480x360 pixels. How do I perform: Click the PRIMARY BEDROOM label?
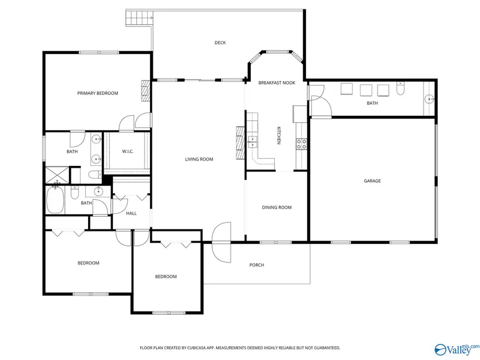(x=98, y=93)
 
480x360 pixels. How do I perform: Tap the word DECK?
(x=220, y=43)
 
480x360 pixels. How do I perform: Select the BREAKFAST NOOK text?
(x=277, y=83)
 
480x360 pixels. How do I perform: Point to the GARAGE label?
(x=372, y=181)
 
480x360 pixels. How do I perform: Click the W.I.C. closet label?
(x=127, y=151)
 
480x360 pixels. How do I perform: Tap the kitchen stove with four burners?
(x=301, y=142)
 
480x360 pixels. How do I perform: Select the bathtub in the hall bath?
(x=55, y=200)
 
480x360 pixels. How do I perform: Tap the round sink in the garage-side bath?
(x=429, y=99)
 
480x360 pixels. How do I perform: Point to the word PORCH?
(x=257, y=265)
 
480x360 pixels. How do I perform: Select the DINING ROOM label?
(x=277, y=207)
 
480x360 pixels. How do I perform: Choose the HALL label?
(x=131, y=213)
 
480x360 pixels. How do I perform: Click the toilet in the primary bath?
(x=94, y=175)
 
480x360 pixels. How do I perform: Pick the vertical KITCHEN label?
(x=278, y=135)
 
